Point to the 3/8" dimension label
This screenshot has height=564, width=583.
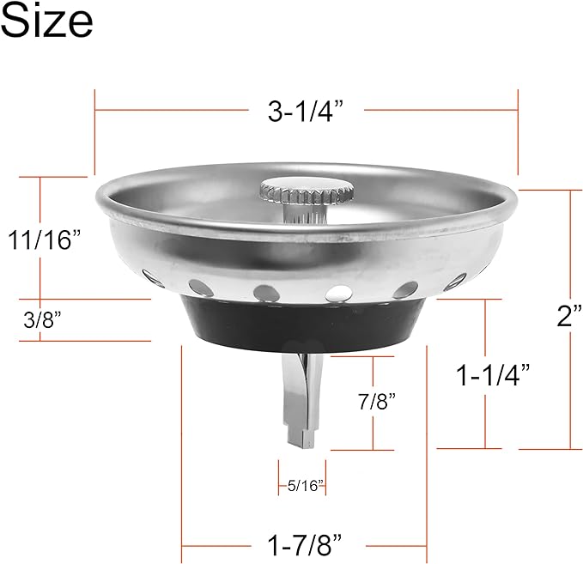[x=43, y=318]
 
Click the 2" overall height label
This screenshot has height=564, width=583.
[x=568, y=315]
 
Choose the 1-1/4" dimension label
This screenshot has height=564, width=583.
[x=493, y=374]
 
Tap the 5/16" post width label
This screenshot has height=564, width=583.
[x=301, y=486]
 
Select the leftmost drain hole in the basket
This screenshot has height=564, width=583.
[x=153, y=277]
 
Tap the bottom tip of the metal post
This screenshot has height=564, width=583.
[x=304, y=441]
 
